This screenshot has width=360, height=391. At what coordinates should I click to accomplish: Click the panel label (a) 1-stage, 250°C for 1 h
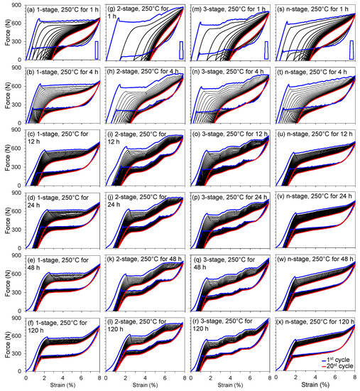62,7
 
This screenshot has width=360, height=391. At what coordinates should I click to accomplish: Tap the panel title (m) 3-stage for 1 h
229,7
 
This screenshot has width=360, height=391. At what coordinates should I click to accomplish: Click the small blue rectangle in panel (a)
97,49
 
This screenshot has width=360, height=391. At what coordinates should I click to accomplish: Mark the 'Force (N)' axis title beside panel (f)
5,345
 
